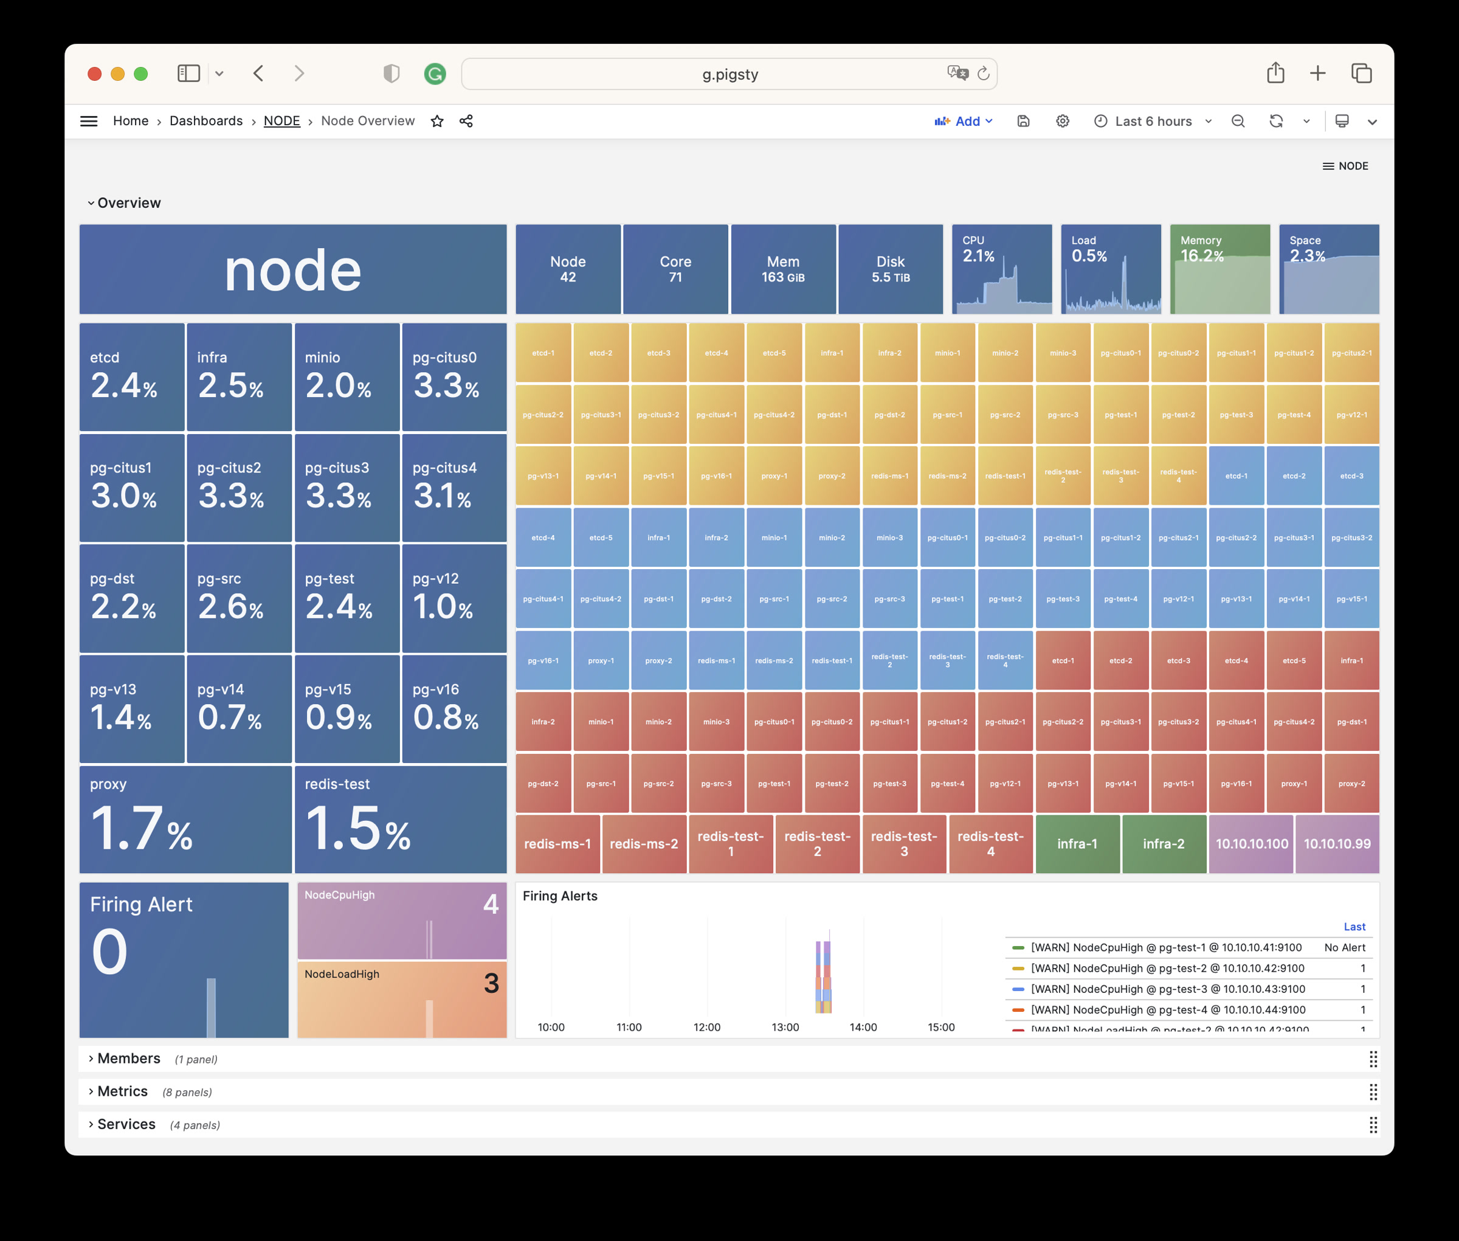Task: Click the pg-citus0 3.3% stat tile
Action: click(454, 377)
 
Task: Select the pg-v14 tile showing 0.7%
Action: click(239, 708)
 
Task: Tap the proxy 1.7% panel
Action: click(185, 820)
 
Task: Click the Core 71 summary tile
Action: click(675, 269)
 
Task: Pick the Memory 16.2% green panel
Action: click(1220, 269)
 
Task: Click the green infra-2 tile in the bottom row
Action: click(1164, 843)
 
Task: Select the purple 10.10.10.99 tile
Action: click(1337, 843)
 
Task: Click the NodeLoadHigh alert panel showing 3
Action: click(402, 999)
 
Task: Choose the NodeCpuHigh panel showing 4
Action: click(402, 920)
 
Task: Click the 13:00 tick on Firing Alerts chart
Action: click(785, 1027)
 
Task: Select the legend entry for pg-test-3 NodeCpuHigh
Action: click(1168, 989)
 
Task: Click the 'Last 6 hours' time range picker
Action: click(1153, 121)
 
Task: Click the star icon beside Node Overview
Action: click(437, 121)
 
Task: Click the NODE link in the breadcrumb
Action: click(281, 121)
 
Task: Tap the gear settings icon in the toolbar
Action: click(1062, 121)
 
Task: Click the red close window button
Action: click(94, 74)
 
